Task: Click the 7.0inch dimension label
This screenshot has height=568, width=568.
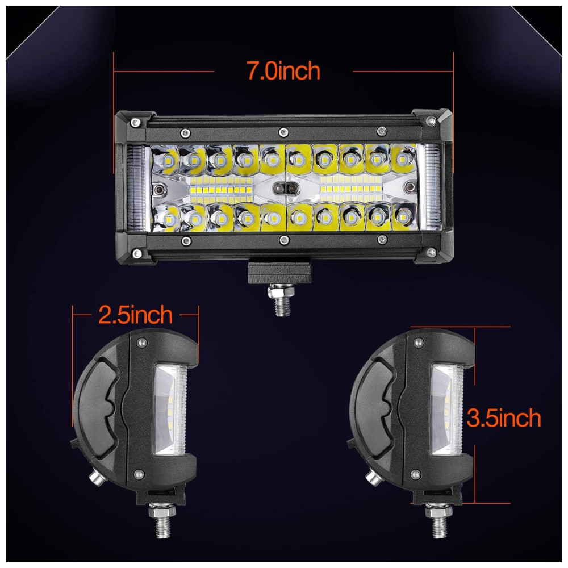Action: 283,70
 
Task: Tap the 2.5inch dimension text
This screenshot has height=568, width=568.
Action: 136,315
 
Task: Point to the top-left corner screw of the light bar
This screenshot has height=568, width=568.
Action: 136,123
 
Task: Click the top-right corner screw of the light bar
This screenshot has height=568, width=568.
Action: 431,120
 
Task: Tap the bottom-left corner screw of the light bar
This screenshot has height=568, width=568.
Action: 136,253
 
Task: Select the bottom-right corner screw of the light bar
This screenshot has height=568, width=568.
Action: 431,251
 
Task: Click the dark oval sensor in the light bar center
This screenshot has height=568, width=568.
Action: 285,189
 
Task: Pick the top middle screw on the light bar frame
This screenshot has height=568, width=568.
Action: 283,132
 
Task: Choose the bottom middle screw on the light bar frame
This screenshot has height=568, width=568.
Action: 285,240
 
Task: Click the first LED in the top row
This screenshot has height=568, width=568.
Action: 167,160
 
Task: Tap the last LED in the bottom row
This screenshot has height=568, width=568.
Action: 403,216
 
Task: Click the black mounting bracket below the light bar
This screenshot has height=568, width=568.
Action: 279,272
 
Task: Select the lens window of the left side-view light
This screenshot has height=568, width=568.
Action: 170,410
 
